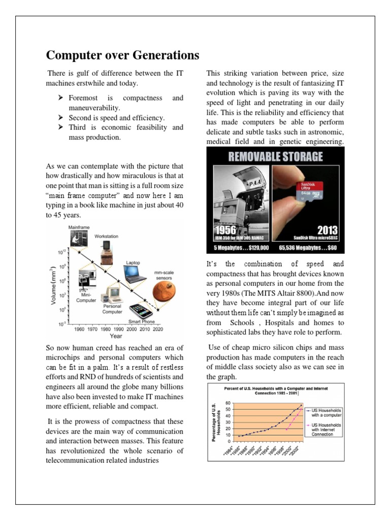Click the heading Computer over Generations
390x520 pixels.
click(123, 55)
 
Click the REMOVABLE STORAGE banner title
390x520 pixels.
click(275, 156)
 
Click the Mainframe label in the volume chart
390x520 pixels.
click(78, 227)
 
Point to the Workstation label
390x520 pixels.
click(106, 236)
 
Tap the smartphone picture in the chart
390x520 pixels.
click(141, 310)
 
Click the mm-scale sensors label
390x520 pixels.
click(164, 275)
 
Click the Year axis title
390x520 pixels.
click(116, 336)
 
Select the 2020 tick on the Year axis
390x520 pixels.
click(157, 329)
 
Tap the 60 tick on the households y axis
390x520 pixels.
click(228, 403)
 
